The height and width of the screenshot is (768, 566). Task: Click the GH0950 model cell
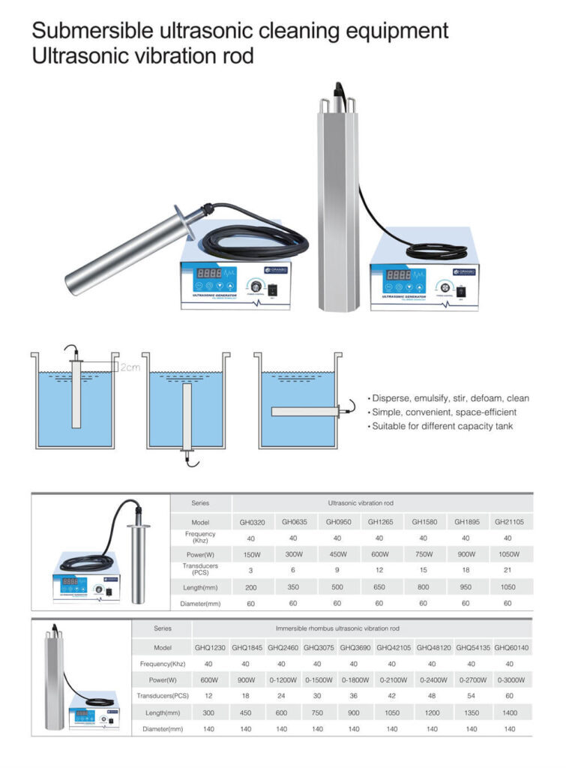point(337,522)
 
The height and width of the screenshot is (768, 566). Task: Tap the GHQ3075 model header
point(319,646)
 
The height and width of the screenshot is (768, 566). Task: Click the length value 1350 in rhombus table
point(471,712)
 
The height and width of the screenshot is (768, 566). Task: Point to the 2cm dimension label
point(130,367)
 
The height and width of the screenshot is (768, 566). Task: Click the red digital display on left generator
point(208,274)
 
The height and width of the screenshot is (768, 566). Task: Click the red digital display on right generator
point(398,275)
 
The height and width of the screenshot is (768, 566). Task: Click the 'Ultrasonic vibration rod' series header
point(361,502)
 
